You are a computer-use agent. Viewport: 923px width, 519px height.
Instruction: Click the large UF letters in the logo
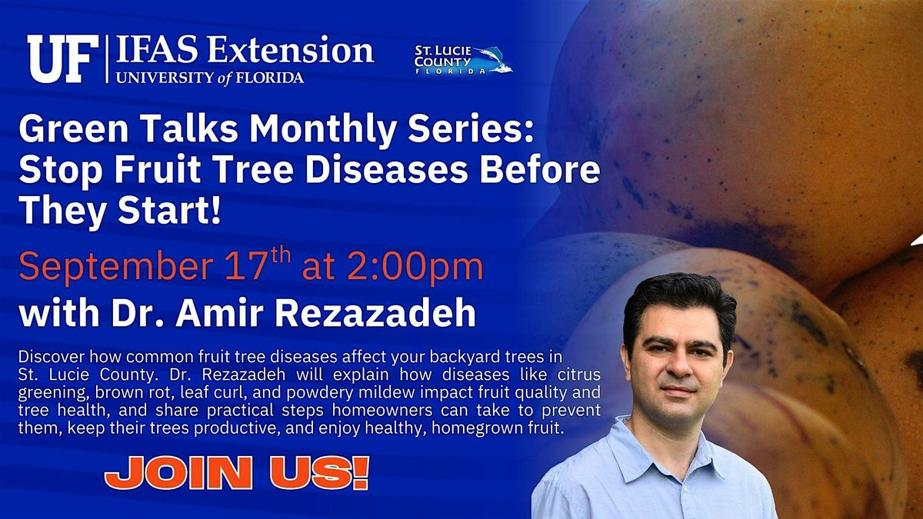coord(63,59)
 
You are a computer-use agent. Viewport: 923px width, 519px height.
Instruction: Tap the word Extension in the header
coord(291,51)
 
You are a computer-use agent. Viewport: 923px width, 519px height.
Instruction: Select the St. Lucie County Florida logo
coord(463,60)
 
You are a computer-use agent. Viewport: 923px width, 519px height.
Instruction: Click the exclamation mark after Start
coord(215,211)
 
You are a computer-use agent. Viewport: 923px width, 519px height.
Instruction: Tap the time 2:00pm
coord(415,268)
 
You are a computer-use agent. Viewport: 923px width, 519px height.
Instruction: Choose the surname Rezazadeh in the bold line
coord(375,313)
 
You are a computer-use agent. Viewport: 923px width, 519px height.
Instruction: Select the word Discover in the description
coord(51,357)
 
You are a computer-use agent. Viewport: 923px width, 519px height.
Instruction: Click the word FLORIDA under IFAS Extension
coord(269,78)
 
